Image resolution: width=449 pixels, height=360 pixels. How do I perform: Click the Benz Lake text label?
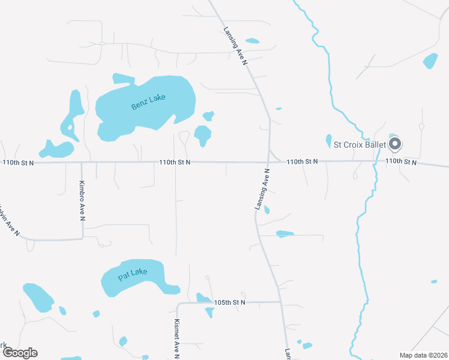[148, 103]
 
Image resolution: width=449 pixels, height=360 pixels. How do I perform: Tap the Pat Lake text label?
[133, 275]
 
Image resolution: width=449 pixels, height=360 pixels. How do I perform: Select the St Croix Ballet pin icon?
[395, 144]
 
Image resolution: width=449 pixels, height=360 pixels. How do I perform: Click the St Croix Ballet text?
[360, 145]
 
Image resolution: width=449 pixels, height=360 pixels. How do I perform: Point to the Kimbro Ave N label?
[83, 200]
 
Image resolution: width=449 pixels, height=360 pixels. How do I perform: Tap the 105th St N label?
[231, 302]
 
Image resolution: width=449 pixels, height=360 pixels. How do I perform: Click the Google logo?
[19, 353]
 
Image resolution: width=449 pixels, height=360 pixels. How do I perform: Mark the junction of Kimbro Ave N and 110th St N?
[81, 162]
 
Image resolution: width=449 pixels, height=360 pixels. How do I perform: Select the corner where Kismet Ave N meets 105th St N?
[178, 304]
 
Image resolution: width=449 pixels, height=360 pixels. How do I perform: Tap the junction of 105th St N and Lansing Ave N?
[280, 302]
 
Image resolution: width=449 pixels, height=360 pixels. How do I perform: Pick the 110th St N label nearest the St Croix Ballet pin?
[400, 161]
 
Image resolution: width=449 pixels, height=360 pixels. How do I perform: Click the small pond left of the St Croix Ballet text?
[328, 140]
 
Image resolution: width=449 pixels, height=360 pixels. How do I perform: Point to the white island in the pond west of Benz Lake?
[70, 127]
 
